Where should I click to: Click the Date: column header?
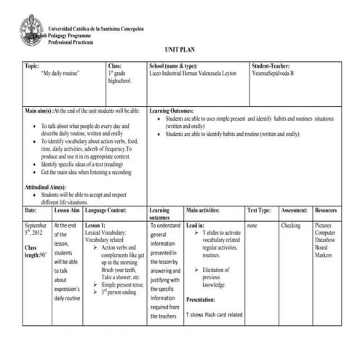tap(31, 209)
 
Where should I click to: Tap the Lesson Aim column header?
tap(66, 209)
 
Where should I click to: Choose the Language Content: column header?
tap(105, 209)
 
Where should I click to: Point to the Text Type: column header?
tap(260, 209)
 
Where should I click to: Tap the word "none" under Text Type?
tap(252, 225)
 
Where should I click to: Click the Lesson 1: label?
tap(95, 225)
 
